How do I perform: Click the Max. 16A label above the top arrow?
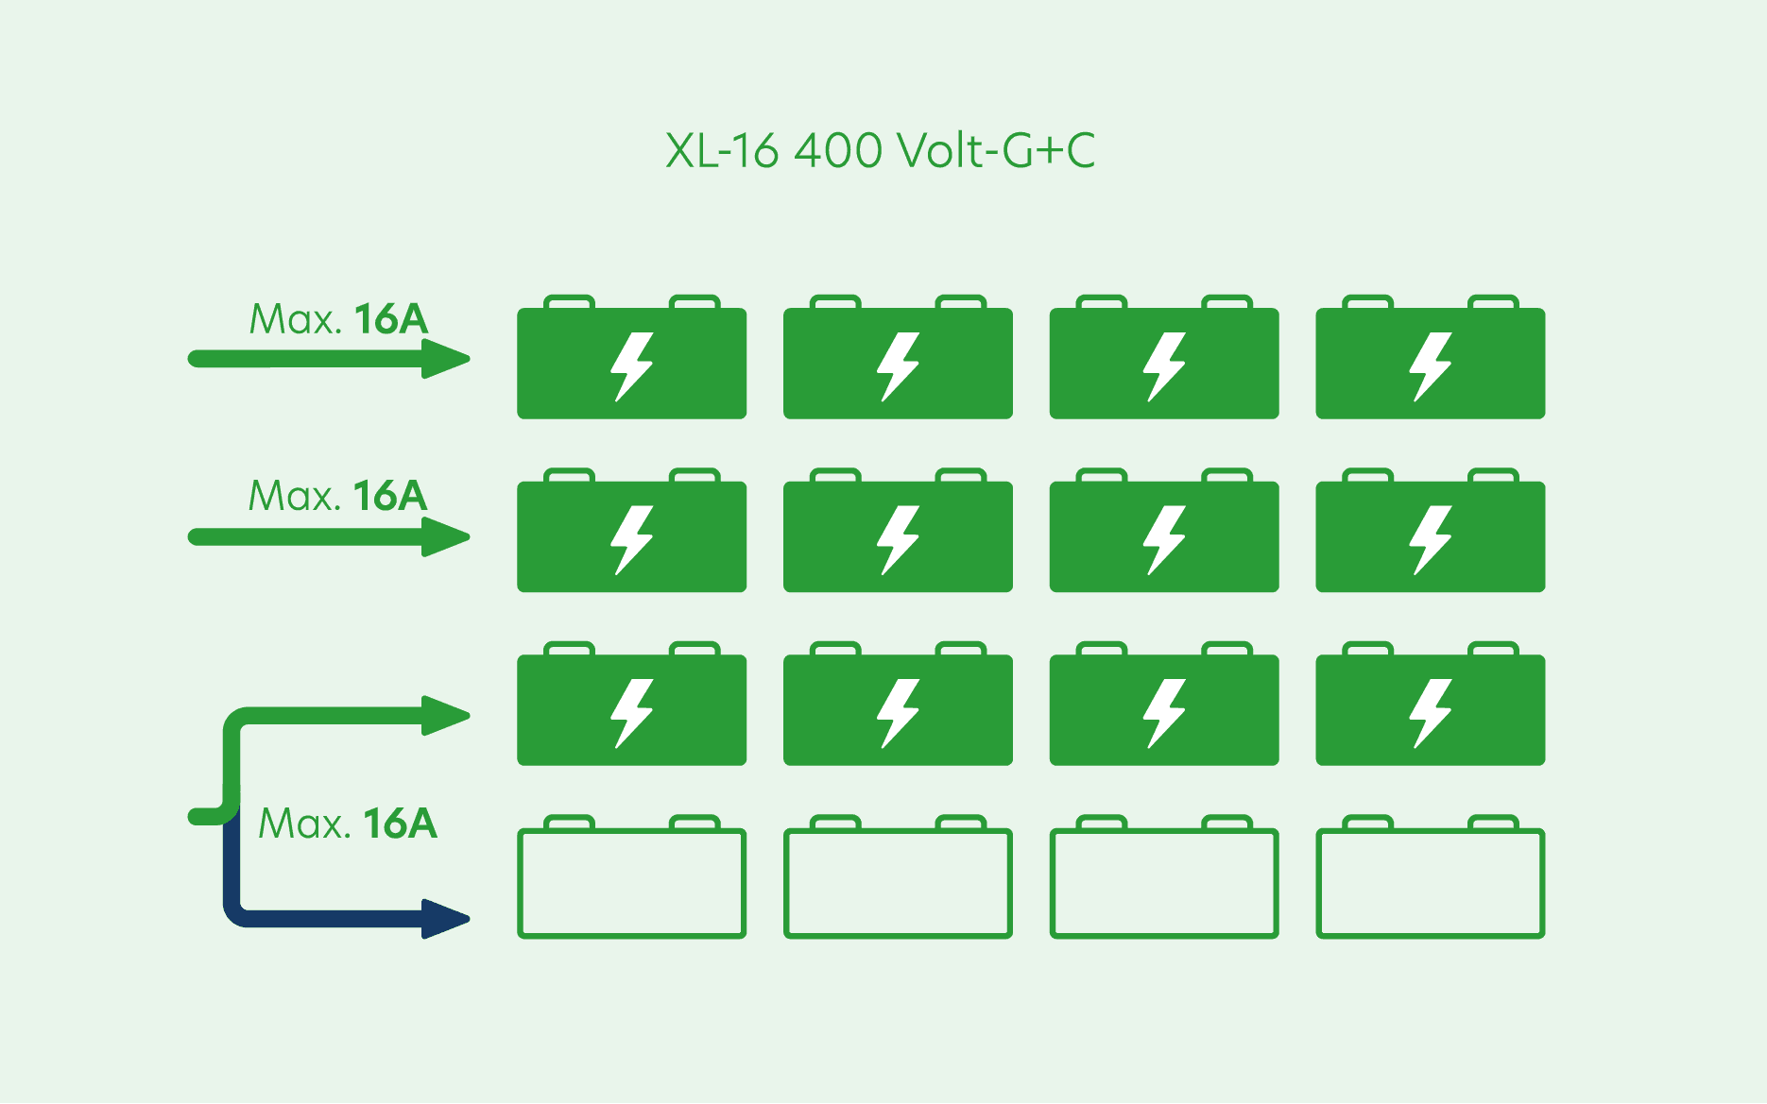(x=338, y=319)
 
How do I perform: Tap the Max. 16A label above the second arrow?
(x=337, y=496)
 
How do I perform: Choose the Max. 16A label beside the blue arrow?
(x=348, y=824)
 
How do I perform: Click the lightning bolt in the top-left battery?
(x=631, y=366)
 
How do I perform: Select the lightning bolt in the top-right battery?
(x=1430, y=366)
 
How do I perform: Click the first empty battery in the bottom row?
(x=631, y=882)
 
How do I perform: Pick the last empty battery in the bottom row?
(x=1430, y=882)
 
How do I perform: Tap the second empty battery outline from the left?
(x=898, y=882)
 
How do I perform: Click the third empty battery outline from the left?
(x=1164, y=882)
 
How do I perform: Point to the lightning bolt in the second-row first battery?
(x=631, y=540)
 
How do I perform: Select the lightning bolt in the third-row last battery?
(x=1430, y=713)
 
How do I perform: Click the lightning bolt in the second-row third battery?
(x=1164, y=540)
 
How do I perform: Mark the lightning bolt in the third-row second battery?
(x=898, y=713)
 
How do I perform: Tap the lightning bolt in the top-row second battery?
(x=898, y=366)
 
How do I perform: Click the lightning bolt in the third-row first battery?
(x=631, y=713)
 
